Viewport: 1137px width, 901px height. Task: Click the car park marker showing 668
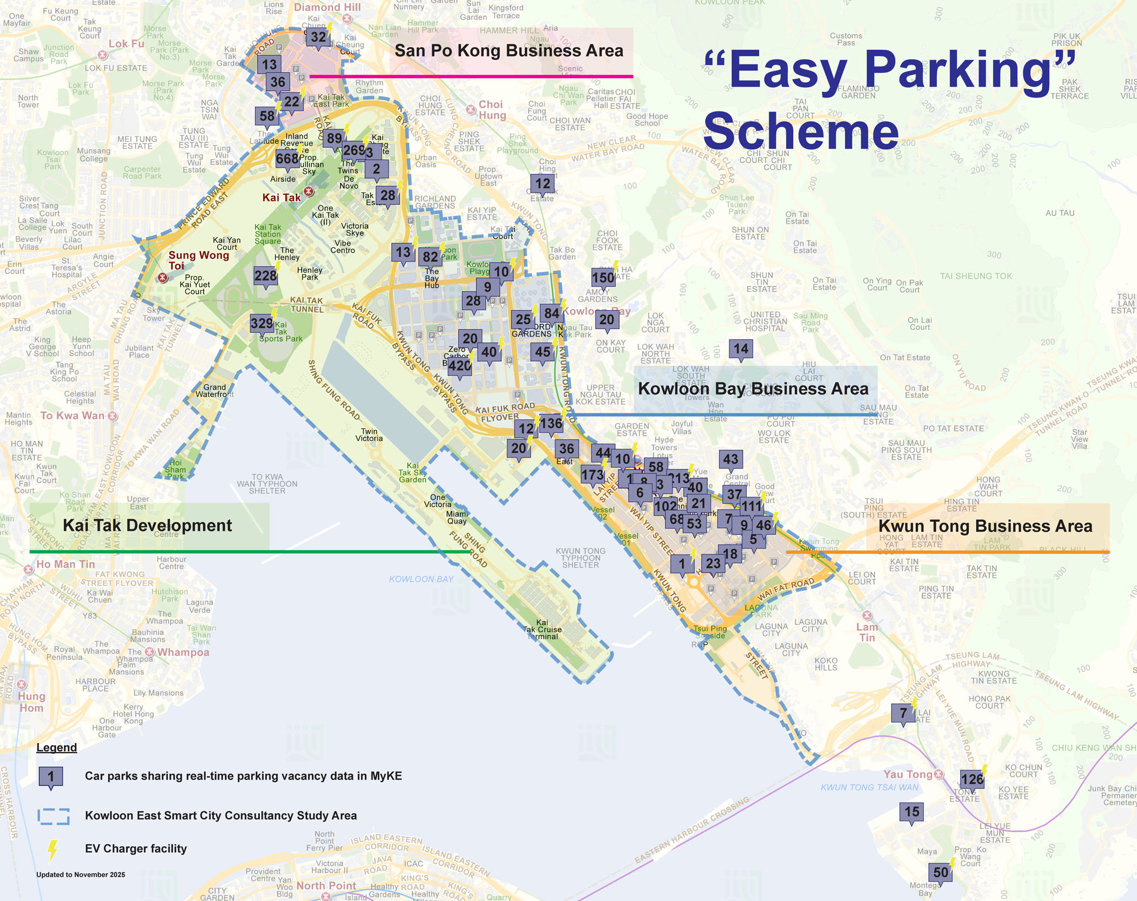point(287,159)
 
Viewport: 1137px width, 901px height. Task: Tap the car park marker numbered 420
point(460,365)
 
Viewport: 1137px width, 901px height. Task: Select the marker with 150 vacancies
point(603,278)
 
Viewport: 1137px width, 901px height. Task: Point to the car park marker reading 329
point(262,324)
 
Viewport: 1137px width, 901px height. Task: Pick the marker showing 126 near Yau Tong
point(972,779)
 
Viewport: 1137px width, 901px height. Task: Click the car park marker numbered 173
point(592,475)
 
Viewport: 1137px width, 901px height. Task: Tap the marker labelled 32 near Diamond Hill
point(318,37)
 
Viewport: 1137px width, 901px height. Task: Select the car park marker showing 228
point(265,276)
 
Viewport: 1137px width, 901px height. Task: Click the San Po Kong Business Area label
point(508,51)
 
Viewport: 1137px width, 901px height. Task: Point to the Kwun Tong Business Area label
point(985,526)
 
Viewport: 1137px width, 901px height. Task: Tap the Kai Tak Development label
point(147,525)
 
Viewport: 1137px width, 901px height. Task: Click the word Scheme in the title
point(801,131)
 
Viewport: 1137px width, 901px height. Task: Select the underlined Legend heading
point(56,747)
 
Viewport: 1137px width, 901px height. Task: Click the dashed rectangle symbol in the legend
point(53,816)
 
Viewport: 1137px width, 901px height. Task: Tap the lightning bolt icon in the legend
point(52,850)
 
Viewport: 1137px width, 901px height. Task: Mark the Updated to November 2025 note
point(81,874)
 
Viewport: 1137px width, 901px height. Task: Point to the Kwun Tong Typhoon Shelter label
point(580,558)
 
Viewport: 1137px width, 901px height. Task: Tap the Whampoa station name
point(183,652)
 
